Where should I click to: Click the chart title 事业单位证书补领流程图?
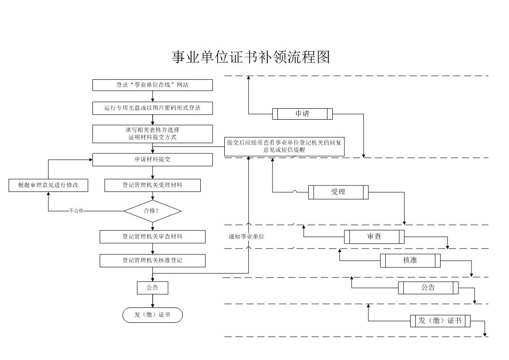tap(251, 57)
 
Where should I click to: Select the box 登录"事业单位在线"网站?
tap(153, 85)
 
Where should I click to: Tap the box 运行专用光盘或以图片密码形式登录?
tap(153, 108)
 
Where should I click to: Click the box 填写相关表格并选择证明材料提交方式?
tap(153, 134)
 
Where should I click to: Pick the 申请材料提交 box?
tap(153, 160)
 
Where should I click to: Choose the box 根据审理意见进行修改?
tap(48, 185)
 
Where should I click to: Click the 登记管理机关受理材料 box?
tap(153, 185)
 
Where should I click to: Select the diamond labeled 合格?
tap(153, 211)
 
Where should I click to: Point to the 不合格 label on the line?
tap(76, 211)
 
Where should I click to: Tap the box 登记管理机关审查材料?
tap(153, 237)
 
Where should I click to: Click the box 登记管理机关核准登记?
tap(153, 261)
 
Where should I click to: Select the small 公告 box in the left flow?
tap(153, 288)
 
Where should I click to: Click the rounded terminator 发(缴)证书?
tap(153, 315)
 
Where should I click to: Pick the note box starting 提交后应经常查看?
tap(284, 146)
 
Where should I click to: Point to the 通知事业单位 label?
tap(247, 237)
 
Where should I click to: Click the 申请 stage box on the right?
tap(302, 114)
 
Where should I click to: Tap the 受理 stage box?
tap(338, 192)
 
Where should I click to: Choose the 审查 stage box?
tap(374, 237)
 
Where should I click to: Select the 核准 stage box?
tap(410, 261)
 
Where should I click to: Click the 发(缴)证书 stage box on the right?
tap(440, 321)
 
